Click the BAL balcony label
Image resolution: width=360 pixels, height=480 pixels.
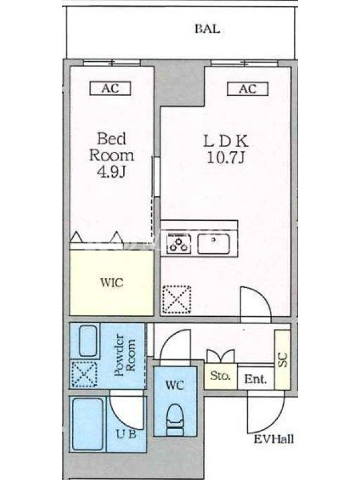[207, 29]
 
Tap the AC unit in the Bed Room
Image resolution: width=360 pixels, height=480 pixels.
[110, 88]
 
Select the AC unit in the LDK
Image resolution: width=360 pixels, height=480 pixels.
[247, 89]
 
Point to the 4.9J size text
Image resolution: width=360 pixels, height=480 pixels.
[112, 172]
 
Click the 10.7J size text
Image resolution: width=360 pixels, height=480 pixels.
[226, 158]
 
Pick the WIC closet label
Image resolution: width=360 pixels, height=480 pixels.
[112, 282]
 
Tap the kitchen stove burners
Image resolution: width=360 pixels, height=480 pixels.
[178, 244]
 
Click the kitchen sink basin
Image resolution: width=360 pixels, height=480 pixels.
[214, 244]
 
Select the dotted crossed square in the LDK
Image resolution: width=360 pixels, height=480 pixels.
[176, 299]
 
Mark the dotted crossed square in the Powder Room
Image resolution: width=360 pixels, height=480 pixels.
[84, 374]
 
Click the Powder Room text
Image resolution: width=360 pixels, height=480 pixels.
[125, 356]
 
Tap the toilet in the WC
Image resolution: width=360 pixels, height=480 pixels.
[175, 420]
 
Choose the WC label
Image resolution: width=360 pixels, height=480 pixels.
[175, 385]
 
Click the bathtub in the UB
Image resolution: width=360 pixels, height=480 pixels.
[88, 424]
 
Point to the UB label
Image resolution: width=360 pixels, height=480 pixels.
[125, 434]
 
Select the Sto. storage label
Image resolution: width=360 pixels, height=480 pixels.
[220, 376]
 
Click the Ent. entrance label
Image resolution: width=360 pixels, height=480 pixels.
[255, 379]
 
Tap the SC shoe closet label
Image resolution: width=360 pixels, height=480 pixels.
[283, 359]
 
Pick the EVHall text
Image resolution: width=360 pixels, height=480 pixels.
[274, 439]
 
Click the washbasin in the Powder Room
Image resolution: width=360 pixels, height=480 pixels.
[88, 341]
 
